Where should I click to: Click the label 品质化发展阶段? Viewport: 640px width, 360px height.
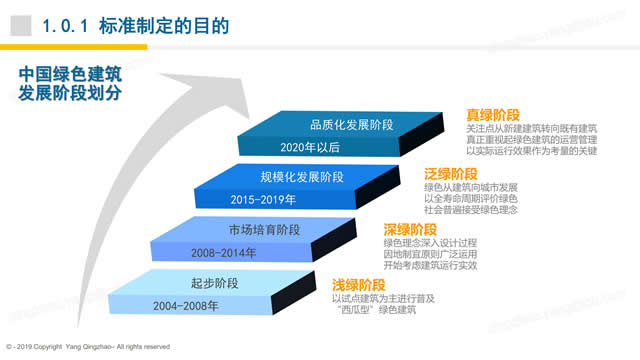[x=350, y=125]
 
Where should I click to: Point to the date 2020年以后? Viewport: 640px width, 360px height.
[x=311, y=148]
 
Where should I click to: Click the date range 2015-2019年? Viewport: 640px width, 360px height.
[x=262, y=199]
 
